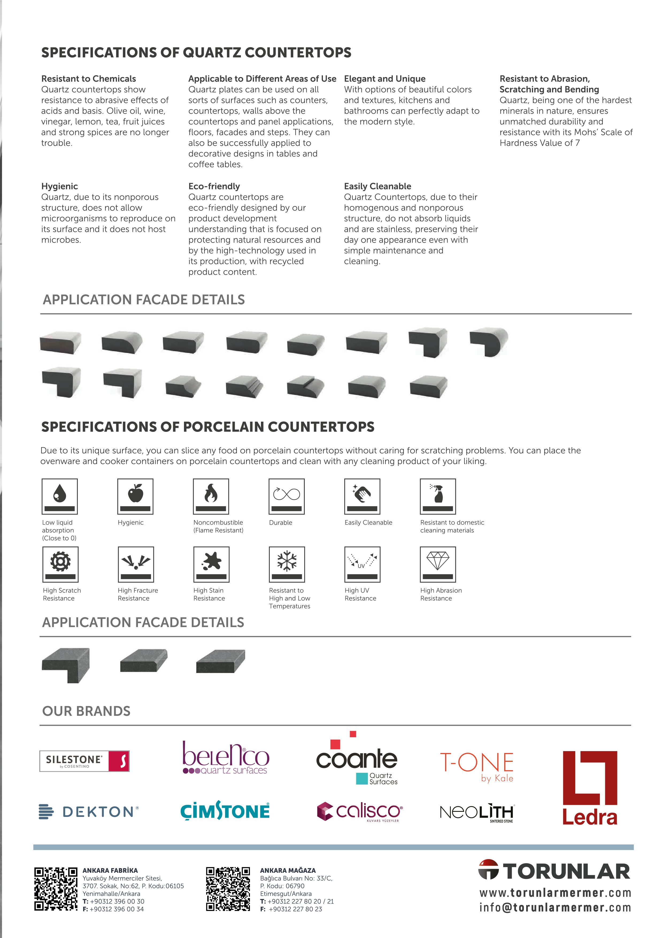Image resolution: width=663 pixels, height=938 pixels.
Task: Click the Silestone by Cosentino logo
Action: pos(84,761)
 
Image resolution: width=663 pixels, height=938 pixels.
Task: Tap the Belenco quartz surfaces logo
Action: pos(225,759)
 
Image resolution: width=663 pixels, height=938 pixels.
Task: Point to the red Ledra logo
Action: pos(589,788)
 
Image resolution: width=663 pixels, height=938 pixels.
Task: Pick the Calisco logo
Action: pos(360,811)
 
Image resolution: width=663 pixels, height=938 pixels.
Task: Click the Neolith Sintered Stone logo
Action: pos(477,813)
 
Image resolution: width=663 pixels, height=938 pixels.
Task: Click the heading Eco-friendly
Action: pos(214,186)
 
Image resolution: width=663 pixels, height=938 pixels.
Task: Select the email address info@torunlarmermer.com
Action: pos(555,908)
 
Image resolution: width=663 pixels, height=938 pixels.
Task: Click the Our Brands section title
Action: pos(86,711)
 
